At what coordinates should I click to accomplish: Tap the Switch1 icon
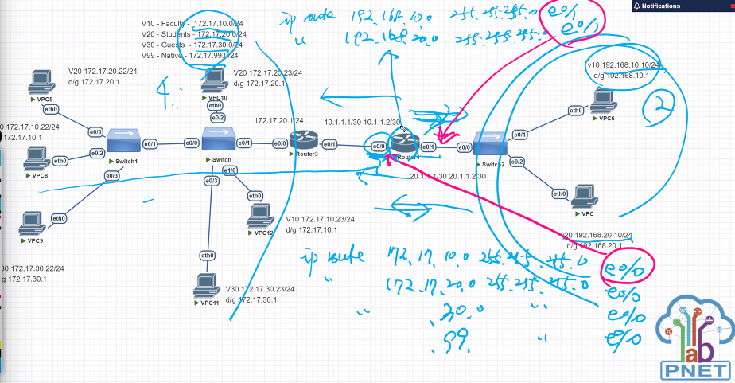pyautogui.click(x=125, y=141)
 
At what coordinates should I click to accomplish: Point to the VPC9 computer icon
pyautogui.click(x=33, y=223)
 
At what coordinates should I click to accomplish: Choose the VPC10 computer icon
pyautogui.click(x=214, y=79)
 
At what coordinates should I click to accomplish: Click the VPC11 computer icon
pyautogui.click(x=207, y=284)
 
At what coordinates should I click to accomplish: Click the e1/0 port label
pyautogui.click(x=230, y=170)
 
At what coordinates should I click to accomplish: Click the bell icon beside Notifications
pyautogui.click(x=637, y=6)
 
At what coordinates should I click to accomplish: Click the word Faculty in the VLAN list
pyautogui.click(x=176, y=24)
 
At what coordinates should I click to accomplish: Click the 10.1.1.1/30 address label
pyautogui.click(x=344, y=122)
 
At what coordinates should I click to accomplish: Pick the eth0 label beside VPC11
pyautogui.click(x=207, y=255)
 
